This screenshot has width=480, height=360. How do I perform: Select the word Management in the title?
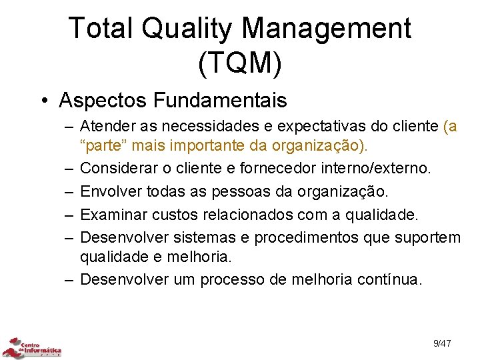[327, 29]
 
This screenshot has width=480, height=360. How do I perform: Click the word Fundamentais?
[221, 101]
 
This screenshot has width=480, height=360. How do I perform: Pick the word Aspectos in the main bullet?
[102, 101]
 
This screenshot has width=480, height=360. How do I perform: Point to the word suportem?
[427, 238]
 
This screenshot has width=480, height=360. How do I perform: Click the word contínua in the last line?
[389, 279]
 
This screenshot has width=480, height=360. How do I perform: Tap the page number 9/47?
[442, 343]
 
